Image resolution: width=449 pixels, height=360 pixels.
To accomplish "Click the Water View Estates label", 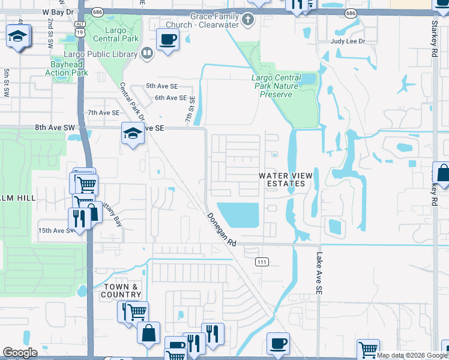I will pyautogui.click(x=285, y=179).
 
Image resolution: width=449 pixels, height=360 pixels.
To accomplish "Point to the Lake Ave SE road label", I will pyautogui.click(x=319, y=273).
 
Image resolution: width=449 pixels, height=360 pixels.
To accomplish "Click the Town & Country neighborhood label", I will pyautogui.click(x=122, y=291).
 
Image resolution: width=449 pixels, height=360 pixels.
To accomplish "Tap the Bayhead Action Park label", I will pyautogui.click(x=67, y=68).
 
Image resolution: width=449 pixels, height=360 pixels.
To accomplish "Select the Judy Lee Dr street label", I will pyautogui.click(x=348, y=41).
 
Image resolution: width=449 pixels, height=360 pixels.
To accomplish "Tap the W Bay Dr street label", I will pyautogui.click(x=58, y=11).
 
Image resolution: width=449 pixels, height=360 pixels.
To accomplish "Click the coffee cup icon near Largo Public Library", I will pyautogui.click(x=167, y=40).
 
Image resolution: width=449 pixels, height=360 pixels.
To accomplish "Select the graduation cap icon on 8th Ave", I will pyautogui.click(x=131, y=133).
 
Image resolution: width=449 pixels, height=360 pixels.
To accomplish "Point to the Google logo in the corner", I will pyautogui.click(x=20, y=353).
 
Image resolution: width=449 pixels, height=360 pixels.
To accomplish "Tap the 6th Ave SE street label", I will pyautogui.click(x=170, y=98).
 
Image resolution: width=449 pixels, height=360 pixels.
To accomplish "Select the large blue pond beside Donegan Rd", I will pyautogui.click(x=237, y=214).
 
